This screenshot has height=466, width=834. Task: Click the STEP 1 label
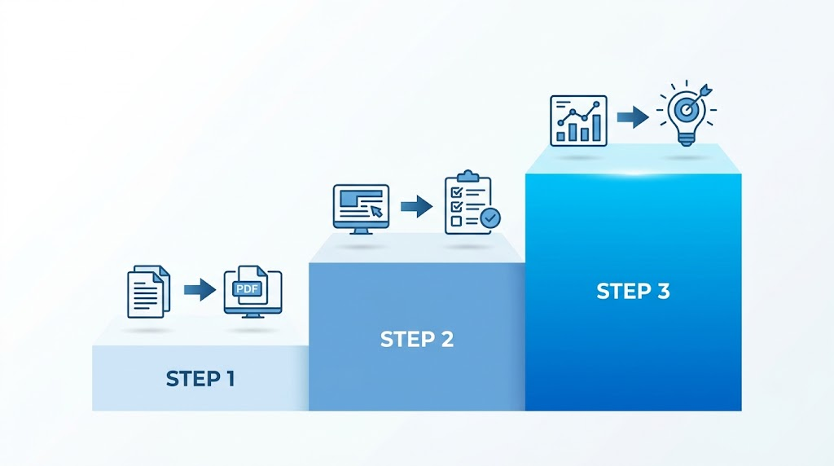point(200,379)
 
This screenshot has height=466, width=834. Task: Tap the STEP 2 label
point(417,340)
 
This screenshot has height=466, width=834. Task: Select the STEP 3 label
point(633,291)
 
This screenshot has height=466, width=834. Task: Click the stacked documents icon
point(149,292)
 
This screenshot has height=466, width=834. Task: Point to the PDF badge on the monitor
point(248,289)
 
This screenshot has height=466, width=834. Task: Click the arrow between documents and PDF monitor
point(200,290)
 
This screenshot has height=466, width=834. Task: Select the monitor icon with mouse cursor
point(361,209)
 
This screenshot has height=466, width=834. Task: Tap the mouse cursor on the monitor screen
point(376,211)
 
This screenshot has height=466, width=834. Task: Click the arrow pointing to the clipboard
point(416,206)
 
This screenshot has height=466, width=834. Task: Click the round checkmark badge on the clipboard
point(489,218)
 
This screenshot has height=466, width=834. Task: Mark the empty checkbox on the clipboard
point(456,221)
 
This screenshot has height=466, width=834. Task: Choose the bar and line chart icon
point(579,121)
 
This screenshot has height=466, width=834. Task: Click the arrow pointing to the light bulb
point(633,117)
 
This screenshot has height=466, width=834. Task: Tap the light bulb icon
point(686,113)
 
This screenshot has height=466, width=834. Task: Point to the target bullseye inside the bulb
point(687,111)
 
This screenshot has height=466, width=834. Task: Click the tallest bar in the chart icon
point(597,128)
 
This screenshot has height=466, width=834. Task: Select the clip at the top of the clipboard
point(468,176)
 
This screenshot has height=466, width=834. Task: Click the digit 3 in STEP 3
point(663,291)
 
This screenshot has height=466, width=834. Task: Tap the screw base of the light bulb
point(686,139)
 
